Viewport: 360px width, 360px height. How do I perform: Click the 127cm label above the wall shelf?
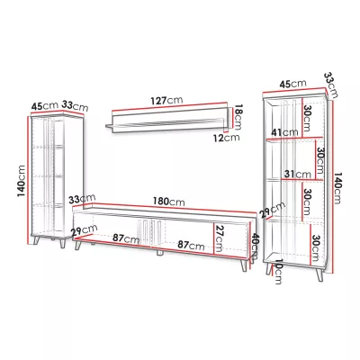pyautogui.click(x=166, y=100)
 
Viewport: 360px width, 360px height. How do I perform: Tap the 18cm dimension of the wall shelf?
pyautogui.click(x=238, y=117)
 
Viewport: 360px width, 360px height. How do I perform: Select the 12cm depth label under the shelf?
pyautogui.click(x=227, y=138)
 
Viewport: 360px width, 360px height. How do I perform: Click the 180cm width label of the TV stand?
pyautogui.click(x=169, y=202)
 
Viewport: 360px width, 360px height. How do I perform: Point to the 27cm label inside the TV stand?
pyautogui.click(x=219, y=238)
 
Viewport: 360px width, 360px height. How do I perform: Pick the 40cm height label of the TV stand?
pyautogui.click(x=255, y=247)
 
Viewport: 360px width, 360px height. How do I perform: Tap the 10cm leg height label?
pyautogui.click(x=278, y=272)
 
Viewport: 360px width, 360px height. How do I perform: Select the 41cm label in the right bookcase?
pyautogui.click(x=285, y=132)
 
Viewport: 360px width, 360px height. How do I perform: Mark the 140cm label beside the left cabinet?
pyautogui.click(x=22, y=181)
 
